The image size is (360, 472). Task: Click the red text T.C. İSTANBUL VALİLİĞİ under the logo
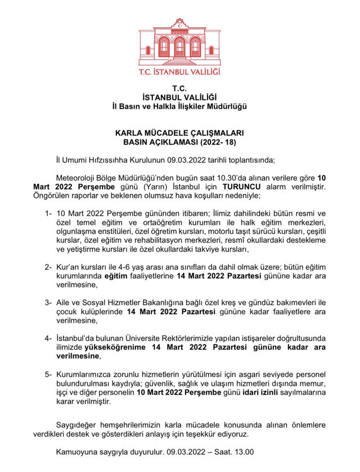(179, 72)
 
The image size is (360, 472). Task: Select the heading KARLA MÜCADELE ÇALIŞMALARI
(179, 134)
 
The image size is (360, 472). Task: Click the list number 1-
(48, 214)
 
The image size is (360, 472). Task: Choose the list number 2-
(48, 267)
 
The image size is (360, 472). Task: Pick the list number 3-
(48, 303)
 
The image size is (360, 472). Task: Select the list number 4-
(48, 339)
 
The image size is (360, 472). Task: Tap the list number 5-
(48, 375)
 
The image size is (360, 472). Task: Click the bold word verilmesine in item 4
(76, 356)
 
